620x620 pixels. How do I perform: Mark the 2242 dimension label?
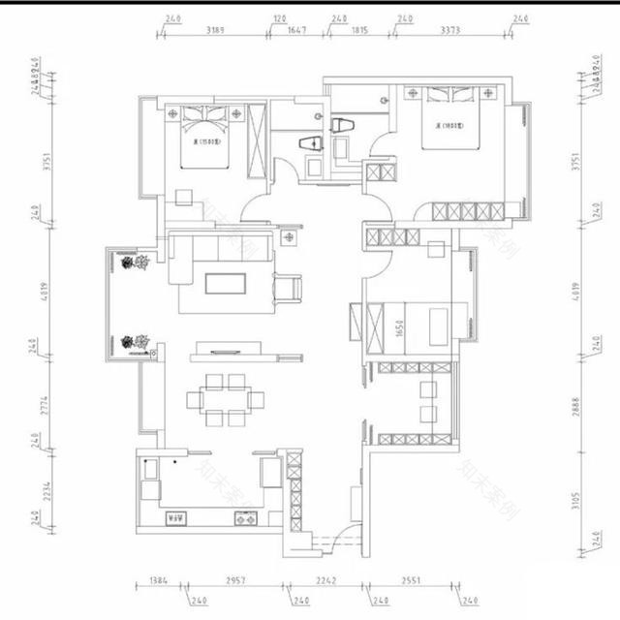click(325, 584)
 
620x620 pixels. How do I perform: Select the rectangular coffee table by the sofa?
click(227, 282)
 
